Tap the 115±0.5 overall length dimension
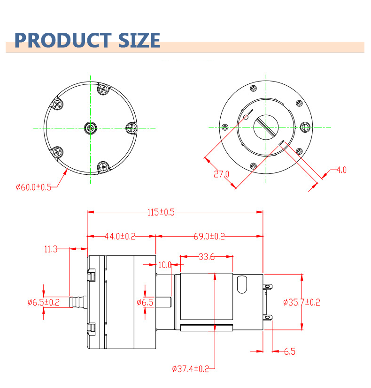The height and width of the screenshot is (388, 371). click(x=161, y=212)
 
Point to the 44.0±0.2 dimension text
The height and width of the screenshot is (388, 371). click(x=119, y=237)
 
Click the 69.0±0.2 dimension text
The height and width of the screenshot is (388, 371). click(x=209, y=237)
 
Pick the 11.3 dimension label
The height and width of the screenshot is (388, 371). click(x=51, y=249)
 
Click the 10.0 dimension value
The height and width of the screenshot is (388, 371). click(x=164, y=265)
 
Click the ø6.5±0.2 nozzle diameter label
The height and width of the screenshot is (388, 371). click(x=43, y=302)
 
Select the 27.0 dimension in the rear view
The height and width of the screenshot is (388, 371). click(x=221, y=175)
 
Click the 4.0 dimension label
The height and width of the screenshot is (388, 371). click(x=341, y=170)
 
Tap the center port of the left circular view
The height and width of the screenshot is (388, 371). click(x=91, y=127)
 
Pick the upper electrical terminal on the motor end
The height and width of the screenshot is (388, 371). click(x=269, y=285)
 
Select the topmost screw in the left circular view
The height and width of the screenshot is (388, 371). click(x=102, y=89)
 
